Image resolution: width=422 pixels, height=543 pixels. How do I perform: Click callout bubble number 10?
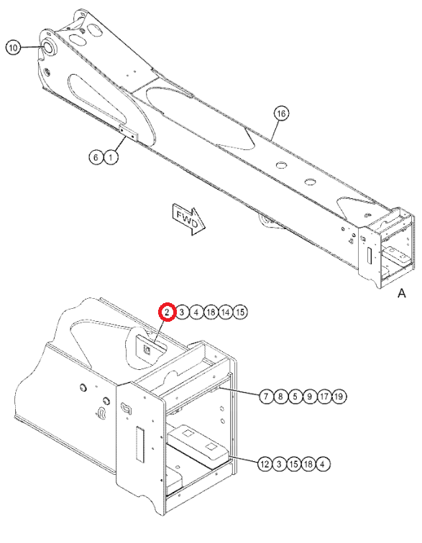coord(13,47)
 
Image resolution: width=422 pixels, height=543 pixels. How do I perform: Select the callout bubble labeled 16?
coord(281,113)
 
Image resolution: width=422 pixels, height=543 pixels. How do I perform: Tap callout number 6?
coord(96,157)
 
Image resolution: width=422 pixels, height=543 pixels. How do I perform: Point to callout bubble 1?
coord(111,157)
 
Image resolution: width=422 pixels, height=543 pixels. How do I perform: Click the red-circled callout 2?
coord(167,312)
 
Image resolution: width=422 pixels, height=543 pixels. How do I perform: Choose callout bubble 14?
coord(226,312)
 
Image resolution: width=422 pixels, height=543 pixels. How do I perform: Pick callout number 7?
coord(266,396)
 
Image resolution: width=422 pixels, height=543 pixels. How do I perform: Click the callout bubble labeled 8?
coord(281,396)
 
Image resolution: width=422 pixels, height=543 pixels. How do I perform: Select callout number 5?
coord(295,396)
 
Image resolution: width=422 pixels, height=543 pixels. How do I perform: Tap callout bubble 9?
coord(310,396)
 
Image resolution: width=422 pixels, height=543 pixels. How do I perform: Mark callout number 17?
coord(324,396)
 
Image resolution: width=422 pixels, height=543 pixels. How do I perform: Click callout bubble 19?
coord(339,396)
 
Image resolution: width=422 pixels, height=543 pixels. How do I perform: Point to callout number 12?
coord(265,464)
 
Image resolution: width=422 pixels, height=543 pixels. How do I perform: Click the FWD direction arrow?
coord(188,221)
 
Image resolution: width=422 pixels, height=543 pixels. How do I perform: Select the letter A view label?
coord(402,293)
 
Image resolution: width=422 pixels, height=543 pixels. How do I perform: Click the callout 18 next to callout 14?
coord(211,312)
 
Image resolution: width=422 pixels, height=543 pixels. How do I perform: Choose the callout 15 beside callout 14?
coord(240,312)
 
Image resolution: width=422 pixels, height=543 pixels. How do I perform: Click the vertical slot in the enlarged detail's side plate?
coord(139,444)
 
